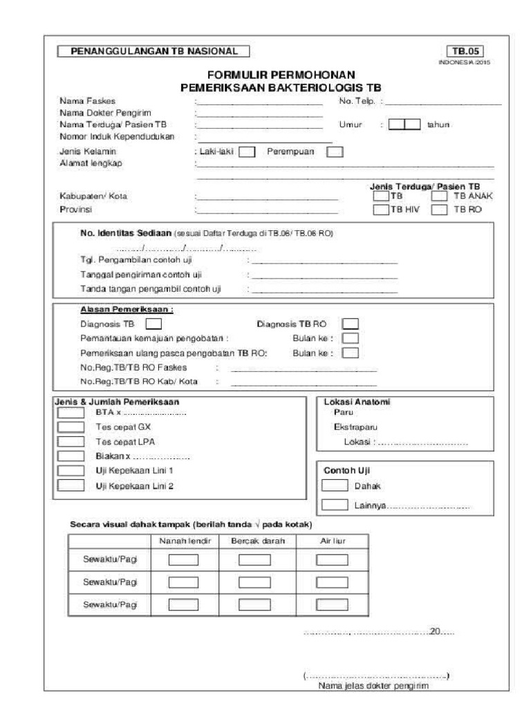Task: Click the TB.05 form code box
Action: [465, 50]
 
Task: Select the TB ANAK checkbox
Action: [440, 197]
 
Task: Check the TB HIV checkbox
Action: [381, 210]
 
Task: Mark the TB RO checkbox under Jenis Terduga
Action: [440, 210]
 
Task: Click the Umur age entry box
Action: [404, 124]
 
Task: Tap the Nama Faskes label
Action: [82, 102]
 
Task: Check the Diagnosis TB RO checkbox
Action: [351, 323]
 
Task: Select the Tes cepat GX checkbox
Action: [70, 427]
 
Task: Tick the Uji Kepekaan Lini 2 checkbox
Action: [70, 485]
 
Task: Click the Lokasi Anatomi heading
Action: [359, 402]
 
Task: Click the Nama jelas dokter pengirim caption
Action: [373, 686]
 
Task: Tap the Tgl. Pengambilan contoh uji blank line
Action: [324, 263]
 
